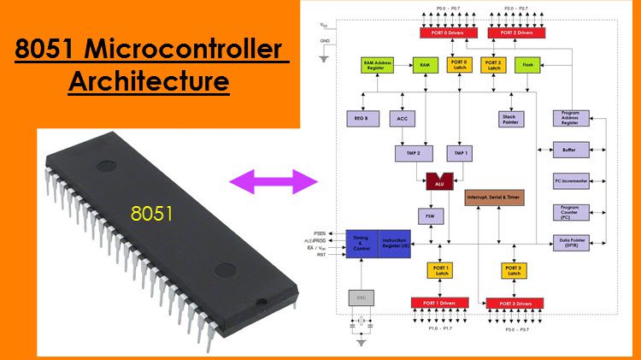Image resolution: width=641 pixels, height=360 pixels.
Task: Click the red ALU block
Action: click(438, 181)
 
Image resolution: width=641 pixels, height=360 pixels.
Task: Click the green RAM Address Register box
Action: click(378, 65)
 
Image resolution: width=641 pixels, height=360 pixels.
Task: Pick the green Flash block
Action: click(526, 65)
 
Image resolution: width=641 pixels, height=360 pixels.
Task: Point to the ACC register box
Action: click(403, 118)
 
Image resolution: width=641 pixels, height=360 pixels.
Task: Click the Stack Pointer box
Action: click(511, 118)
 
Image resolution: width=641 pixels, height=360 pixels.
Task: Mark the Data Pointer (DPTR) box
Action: click(569, 243)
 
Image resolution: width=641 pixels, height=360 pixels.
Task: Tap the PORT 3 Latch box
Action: click(514, 271)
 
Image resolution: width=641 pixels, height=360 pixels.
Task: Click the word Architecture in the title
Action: click(149, 82)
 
